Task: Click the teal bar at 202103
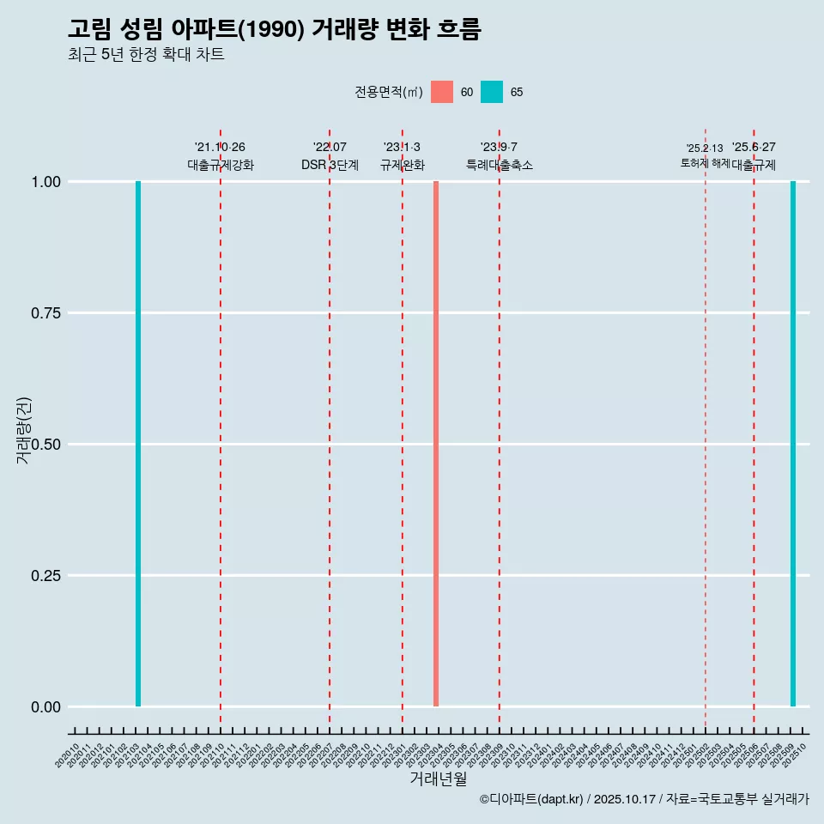pos(138,444)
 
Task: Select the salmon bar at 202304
pos(436,444)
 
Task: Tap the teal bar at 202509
pos(793,444)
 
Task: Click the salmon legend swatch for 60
pos(442,92)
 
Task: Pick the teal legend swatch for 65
pos(492,92)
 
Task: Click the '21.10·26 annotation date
pos(221,148)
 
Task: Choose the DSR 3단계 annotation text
pos(330,165)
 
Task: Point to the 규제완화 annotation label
pos(403,165)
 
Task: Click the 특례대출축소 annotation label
pos(500,165)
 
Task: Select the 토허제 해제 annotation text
pos(705,162)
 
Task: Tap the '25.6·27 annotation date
pos(754,148)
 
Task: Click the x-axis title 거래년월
pos(438,779)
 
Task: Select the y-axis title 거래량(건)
pos(23,430)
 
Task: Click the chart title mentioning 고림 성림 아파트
pos(274,30)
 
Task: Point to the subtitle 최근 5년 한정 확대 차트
pos(146,55)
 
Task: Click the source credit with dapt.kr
pos(644,799)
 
